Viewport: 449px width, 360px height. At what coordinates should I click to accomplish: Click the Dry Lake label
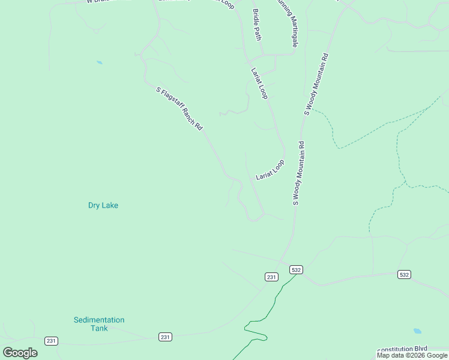(x=103, y=205)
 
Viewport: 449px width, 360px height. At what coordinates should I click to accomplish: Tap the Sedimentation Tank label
(x=99, y=324)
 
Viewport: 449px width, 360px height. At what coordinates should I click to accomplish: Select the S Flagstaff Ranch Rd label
(x=179, y=109)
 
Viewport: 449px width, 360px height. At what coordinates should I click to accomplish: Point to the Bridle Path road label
(x=258, y=25)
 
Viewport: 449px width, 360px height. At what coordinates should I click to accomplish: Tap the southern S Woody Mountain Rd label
(x=299, y=173)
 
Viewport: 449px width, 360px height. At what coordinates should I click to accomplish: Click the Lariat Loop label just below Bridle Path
(x=259, y=83)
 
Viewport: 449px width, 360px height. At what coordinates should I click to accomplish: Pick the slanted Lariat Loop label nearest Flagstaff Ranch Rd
(x=270, y=170)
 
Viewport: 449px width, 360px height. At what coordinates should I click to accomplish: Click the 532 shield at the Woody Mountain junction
(x=295, y=270)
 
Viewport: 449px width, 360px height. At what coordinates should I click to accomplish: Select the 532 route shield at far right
(x=404, y=274)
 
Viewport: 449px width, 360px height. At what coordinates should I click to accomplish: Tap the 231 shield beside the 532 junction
(x=271, y=277)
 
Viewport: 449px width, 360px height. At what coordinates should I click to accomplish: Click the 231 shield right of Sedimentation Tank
(x=165, y=337)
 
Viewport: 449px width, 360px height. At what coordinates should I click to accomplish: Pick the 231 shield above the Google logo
(x=51, y=341)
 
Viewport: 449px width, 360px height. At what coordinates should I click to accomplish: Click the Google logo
(x=20, y=353)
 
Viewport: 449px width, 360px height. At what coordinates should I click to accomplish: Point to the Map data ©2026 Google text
(x=412, y=356)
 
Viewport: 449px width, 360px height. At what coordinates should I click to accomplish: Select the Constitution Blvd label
(x=412, y=349)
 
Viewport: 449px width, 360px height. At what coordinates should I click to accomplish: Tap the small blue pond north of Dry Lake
(x=99, y=62)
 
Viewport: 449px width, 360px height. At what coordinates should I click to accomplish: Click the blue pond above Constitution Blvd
(x=417, y=331)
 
